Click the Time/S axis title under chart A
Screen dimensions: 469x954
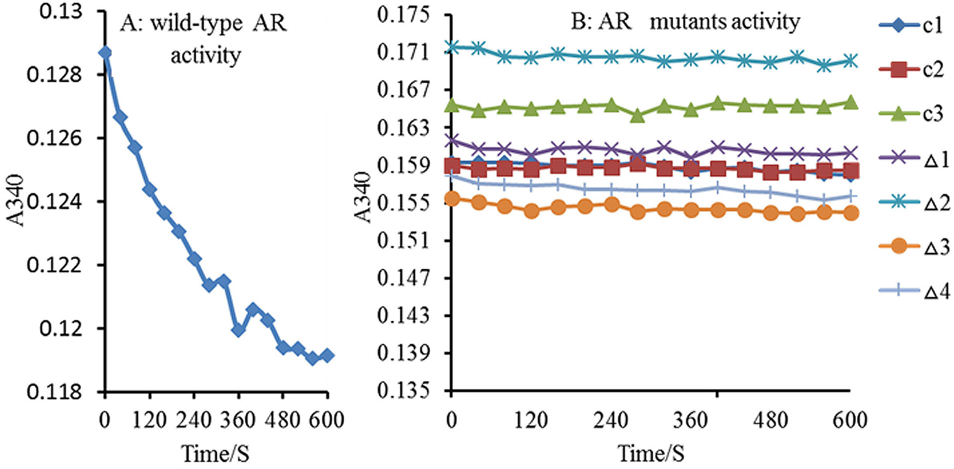point(215,453)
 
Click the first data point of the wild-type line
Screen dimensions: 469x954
point(105,52)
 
